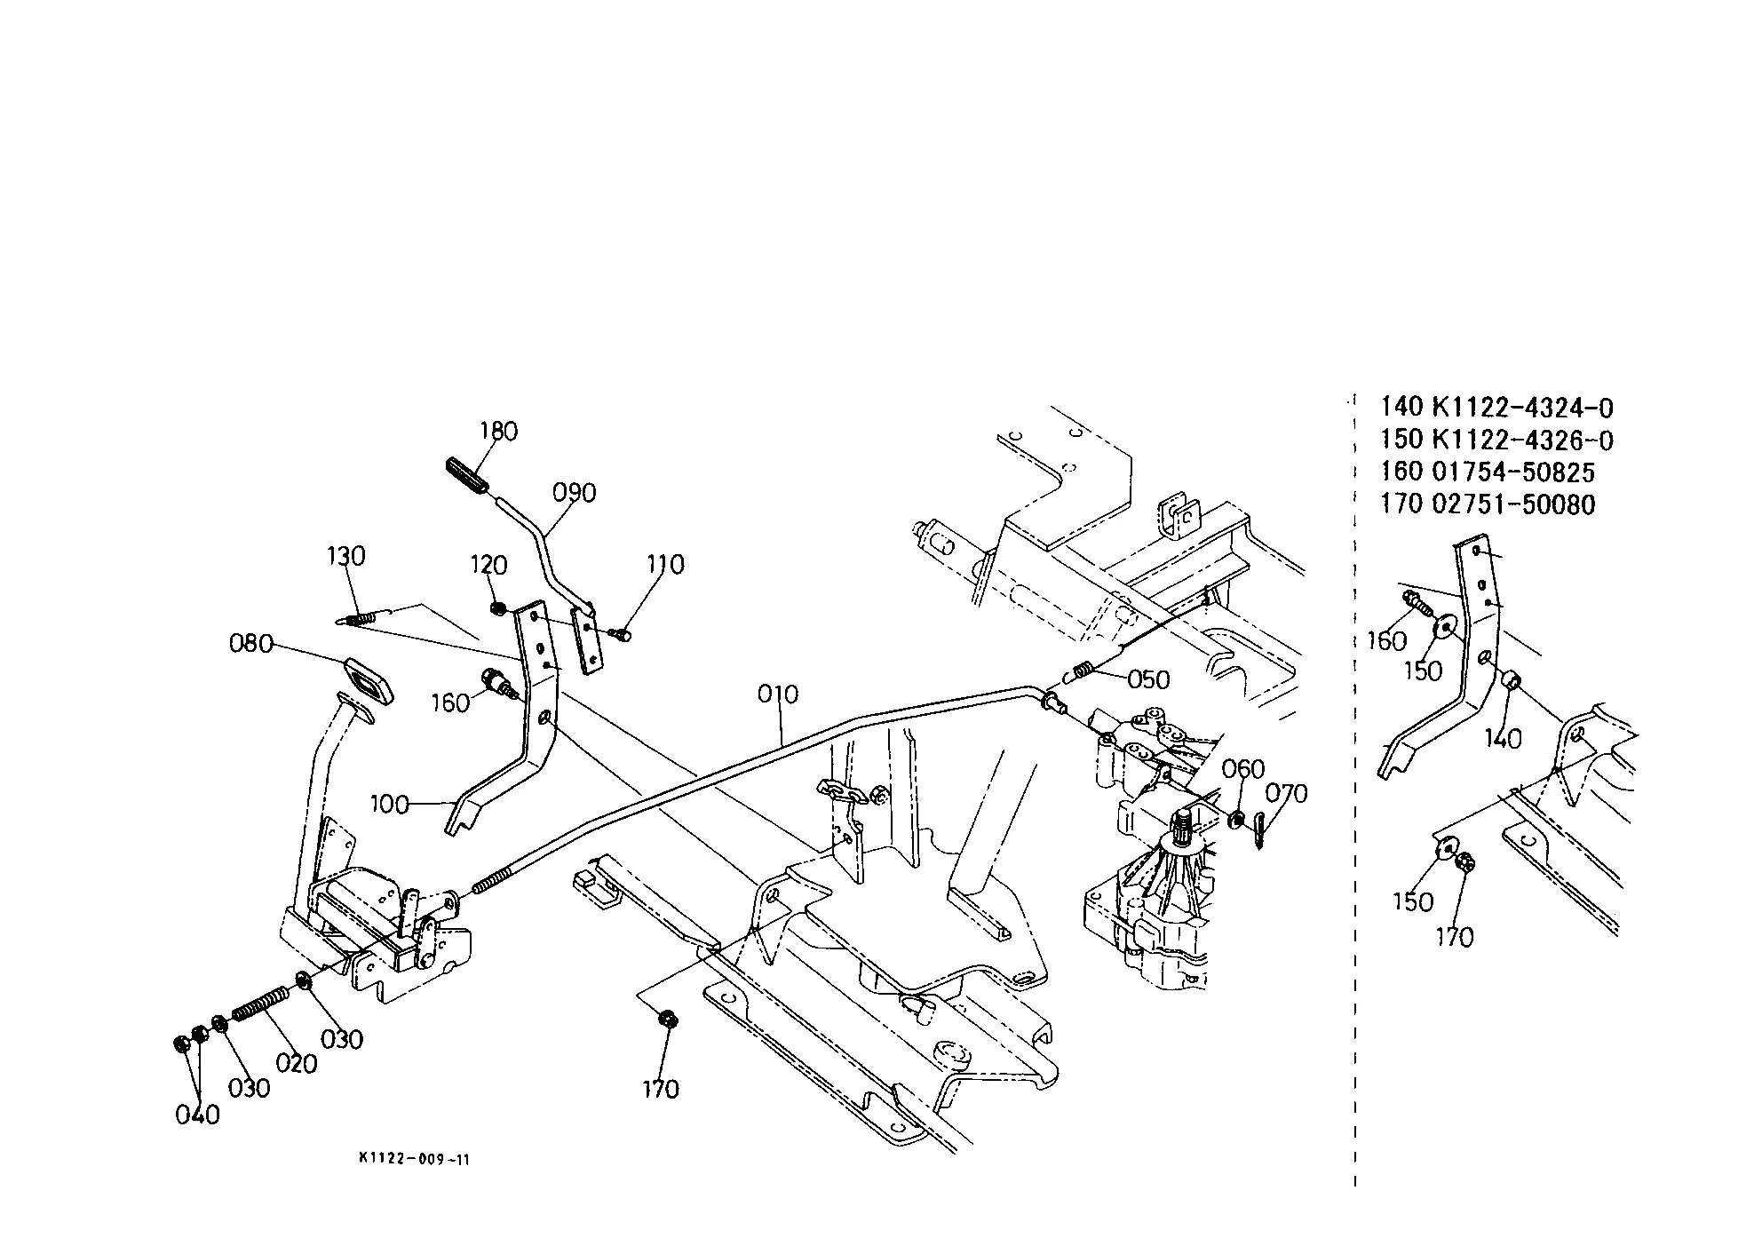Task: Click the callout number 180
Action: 498,432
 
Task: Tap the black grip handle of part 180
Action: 465,474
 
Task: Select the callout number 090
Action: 575,493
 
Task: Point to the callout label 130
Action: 345,557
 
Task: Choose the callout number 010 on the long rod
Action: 778,694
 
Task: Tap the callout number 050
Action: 1148,680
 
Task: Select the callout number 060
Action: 1243,769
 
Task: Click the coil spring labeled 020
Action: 260,1004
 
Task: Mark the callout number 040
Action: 197,1115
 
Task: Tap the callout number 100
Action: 389,806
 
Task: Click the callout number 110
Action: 665,565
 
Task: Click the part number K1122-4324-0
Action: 1523,408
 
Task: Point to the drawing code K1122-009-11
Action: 414,1160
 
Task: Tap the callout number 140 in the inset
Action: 1503,739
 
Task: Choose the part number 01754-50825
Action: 1514,472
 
